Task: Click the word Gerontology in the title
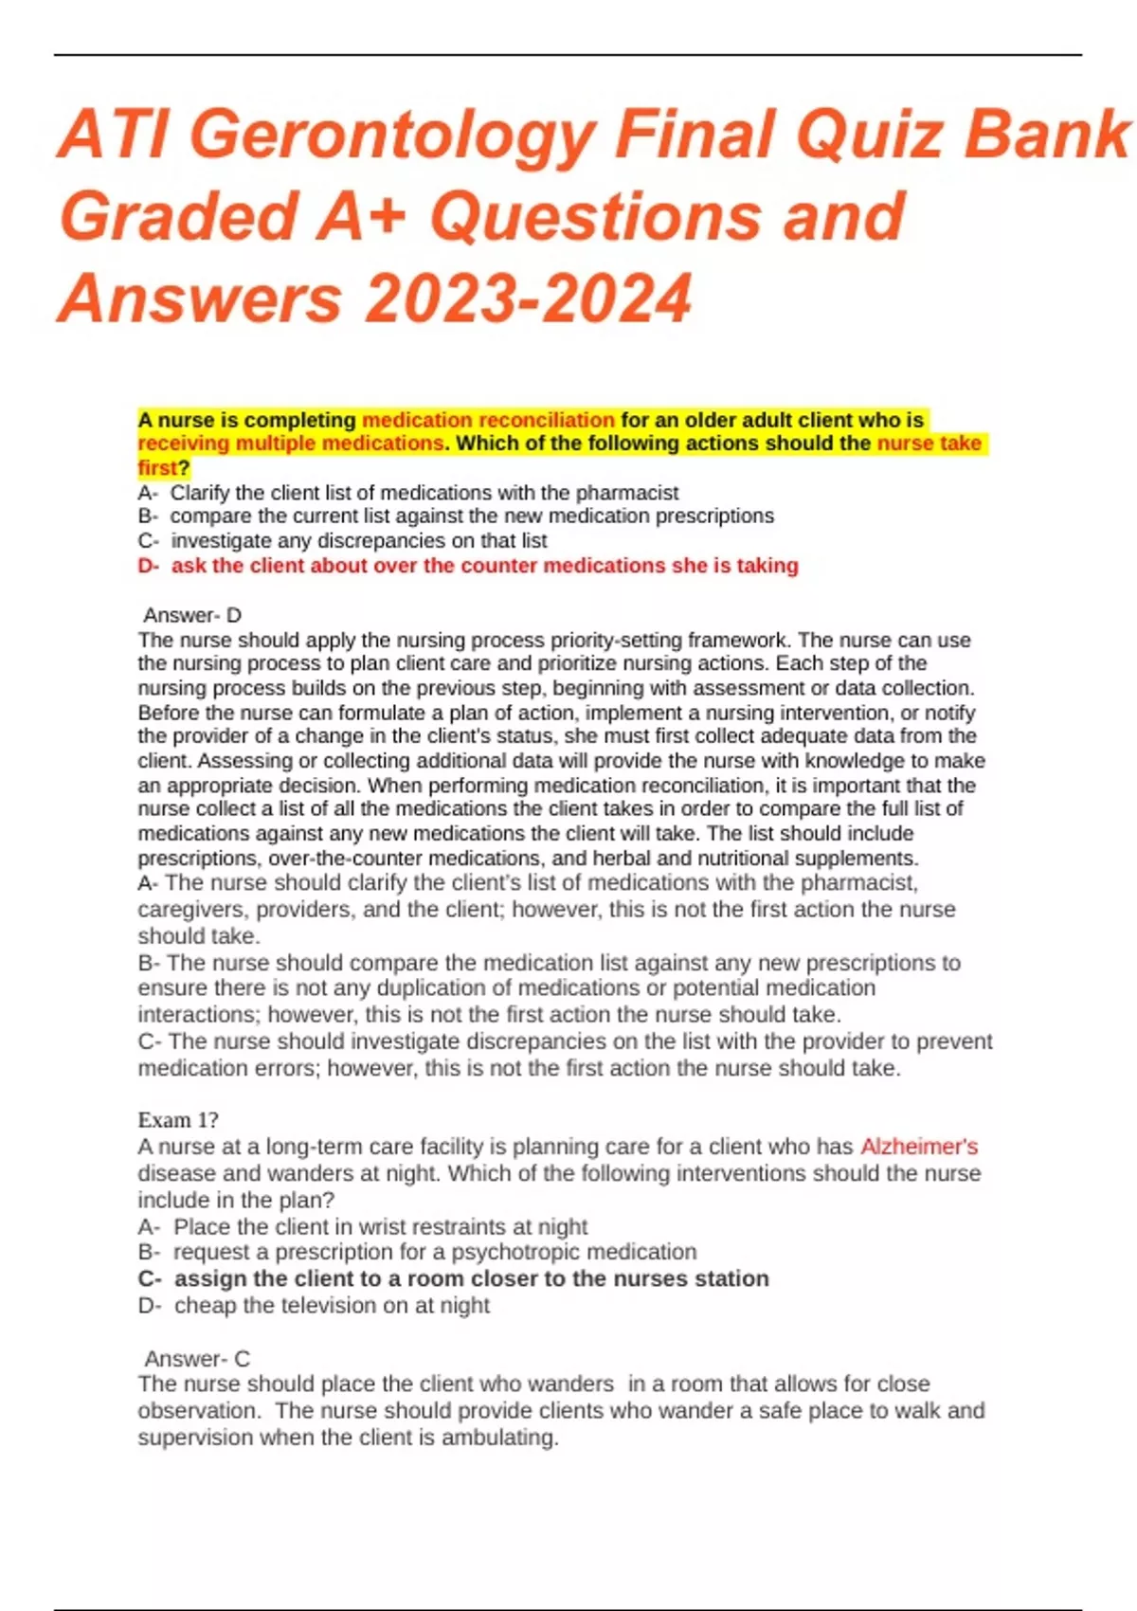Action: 397,135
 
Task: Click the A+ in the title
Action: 359,217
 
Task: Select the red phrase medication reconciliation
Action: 488,420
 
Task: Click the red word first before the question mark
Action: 157,468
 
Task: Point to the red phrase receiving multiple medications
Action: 290,443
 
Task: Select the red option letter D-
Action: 148,566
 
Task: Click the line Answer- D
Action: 192,615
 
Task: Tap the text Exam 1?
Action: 178,1120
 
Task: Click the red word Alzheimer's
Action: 919,1147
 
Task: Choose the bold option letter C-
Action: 150,1278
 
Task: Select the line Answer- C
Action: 197,1358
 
